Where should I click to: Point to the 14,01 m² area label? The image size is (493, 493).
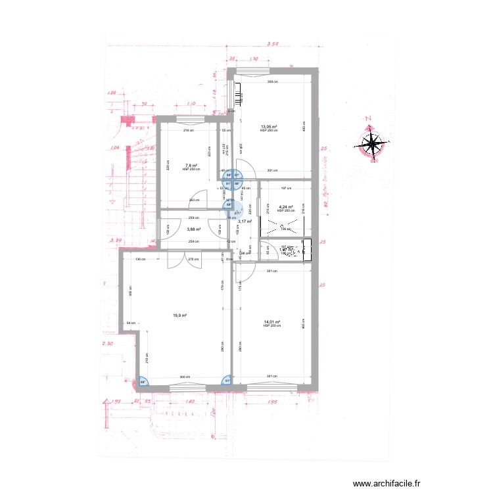tap(271, 322)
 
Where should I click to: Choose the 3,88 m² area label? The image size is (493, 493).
tap(194, 229)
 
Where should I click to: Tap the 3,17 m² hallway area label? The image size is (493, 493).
tap(245, 222)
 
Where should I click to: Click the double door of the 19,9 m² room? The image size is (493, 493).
tap(176, 260)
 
